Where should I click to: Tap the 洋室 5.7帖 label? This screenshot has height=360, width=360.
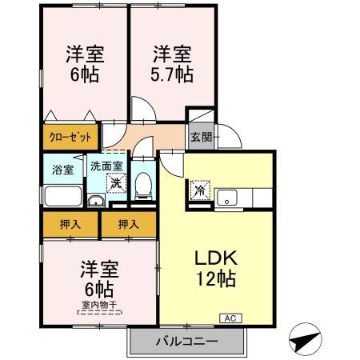tap(172, 63)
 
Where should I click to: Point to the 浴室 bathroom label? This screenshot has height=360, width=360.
tap(62, 170)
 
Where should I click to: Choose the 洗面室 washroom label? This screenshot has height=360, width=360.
tap(106, 166)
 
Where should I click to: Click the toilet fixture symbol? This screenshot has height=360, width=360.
tap(142, 186)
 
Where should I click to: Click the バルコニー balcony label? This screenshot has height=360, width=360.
tap(186, 342)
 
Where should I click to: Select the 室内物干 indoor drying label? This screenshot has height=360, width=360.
tap(98, 305)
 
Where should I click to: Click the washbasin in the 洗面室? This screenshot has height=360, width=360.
tap(95, 201)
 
